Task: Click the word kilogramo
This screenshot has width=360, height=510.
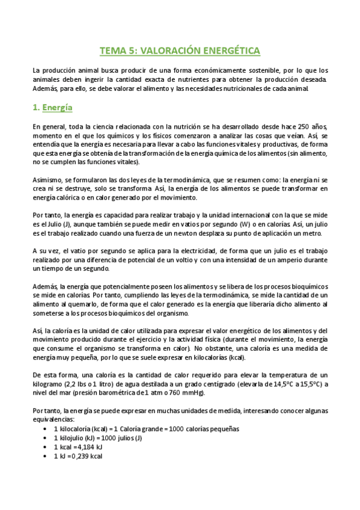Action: [x=50, y=385]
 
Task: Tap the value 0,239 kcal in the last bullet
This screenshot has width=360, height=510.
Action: [x=89, y=456]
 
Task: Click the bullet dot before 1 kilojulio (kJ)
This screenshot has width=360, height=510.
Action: [x=46, y=438]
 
